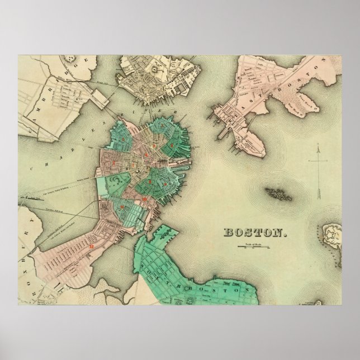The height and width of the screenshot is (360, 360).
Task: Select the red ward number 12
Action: tap(91, 245)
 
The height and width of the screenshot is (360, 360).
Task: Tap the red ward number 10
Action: tap(144, 199)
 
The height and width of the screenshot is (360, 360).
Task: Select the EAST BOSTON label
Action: tap(305, 84)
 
